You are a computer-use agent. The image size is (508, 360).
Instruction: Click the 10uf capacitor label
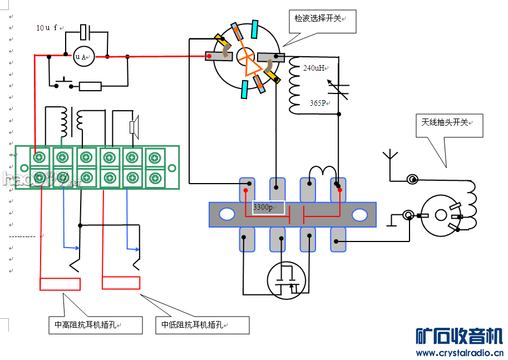[x=48, y=28]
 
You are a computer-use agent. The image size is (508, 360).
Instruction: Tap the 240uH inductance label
[x=314, y=68]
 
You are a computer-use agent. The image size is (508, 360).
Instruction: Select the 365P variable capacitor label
[x=318, y=103]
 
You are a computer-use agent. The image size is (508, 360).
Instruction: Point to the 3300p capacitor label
[x=263, y=207]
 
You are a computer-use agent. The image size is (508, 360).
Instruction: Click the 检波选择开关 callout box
[x=321, y=20]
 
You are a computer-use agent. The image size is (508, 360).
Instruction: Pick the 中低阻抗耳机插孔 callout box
[x=201, y=325]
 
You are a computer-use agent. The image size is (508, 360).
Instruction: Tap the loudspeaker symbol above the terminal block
[x=134, y=127]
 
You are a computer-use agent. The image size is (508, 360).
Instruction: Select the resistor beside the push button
[x=90, y=86]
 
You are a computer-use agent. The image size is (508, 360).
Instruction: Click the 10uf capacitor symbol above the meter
[x=85, y=32]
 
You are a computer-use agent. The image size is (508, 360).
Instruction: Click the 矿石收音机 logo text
[x=460, y=336]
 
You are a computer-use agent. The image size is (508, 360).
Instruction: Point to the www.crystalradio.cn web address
[x=460, y=353]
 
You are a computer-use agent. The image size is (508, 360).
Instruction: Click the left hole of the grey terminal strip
[x=227, y=214]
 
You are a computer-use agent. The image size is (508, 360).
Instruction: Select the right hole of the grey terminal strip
[x=359, y=214]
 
